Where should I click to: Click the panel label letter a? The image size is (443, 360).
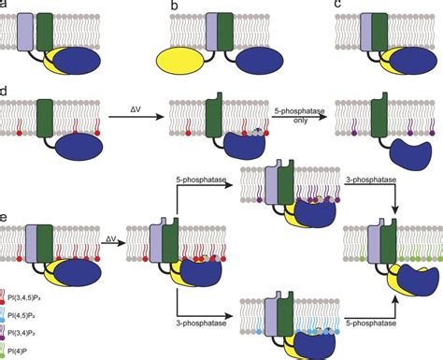tap(6, 5)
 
